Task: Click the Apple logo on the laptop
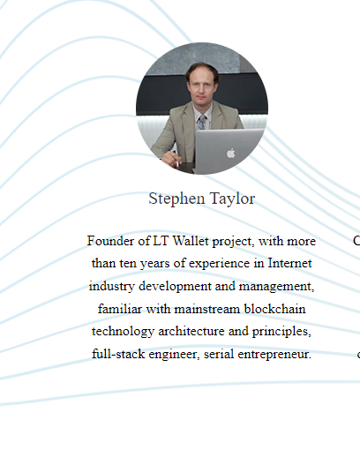(x=231, y=154)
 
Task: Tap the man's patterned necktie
(x=202, y=122)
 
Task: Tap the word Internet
(x=289, y=263)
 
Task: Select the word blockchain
(x=274, y=309)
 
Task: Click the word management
(x=276, y=287)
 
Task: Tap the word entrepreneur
(x=274, y=355)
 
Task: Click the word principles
(x=281, y=332)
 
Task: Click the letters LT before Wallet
(x=161, y=241)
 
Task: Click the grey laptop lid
(x=229, y=151)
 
